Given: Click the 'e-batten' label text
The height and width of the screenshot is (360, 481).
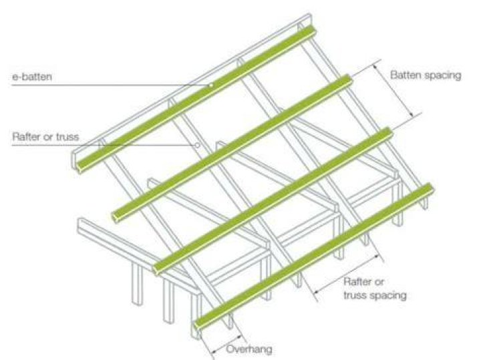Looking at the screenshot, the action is click(x=32, y=77).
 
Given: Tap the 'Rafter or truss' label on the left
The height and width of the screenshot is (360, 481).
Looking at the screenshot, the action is click(x=45, y=136).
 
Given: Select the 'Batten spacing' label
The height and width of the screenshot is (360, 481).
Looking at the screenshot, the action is click(x=426, y=75).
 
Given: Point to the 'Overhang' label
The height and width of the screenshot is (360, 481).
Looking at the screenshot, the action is click(x=249, y=349).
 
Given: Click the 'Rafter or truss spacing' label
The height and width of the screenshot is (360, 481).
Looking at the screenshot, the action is click(x=375, y=289).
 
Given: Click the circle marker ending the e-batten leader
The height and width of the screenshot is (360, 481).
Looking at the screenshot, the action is click(x=211, y=85).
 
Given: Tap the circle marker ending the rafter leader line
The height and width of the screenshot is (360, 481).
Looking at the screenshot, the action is click(x=198, y=145).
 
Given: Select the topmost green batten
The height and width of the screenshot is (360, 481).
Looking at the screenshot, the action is click(x=196, y=99).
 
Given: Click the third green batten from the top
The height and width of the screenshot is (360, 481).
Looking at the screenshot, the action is click(x=273, y=200).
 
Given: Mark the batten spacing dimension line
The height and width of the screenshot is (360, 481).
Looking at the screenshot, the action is click(x=393, y=91).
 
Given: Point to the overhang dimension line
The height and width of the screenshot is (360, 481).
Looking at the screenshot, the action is click(x=227, y=343).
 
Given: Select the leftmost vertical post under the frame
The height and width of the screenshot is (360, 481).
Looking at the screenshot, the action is click(x=137, y=284).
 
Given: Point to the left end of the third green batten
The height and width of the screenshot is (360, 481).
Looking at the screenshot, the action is click(x=157, y=269).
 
